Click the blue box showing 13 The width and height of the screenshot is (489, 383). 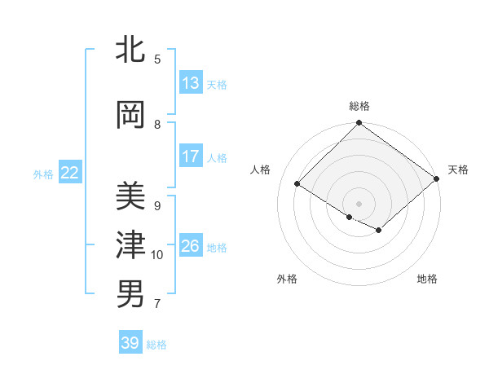click(191, 83)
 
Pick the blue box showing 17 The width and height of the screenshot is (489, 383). click(191, 156)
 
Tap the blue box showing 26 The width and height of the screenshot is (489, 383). click(191, 246)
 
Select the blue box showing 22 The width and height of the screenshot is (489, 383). click(69, 173)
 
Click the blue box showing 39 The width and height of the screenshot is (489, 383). click(130, 343)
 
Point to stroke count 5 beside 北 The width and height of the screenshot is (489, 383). click(156, 59)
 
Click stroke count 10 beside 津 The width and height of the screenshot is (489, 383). click(156, 255)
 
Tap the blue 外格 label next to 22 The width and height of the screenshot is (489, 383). click(43, 174)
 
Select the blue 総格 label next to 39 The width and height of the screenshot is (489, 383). click(156, 345)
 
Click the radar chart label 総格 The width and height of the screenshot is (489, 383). click(359, 106)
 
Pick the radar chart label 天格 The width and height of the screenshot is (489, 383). click(458, 169)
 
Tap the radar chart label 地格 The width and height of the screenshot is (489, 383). click(427, 279)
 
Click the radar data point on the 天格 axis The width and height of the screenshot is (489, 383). click(437, 179)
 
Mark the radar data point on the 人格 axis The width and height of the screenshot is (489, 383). click(297, 184)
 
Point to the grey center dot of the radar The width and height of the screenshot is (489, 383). click(359, 203)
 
